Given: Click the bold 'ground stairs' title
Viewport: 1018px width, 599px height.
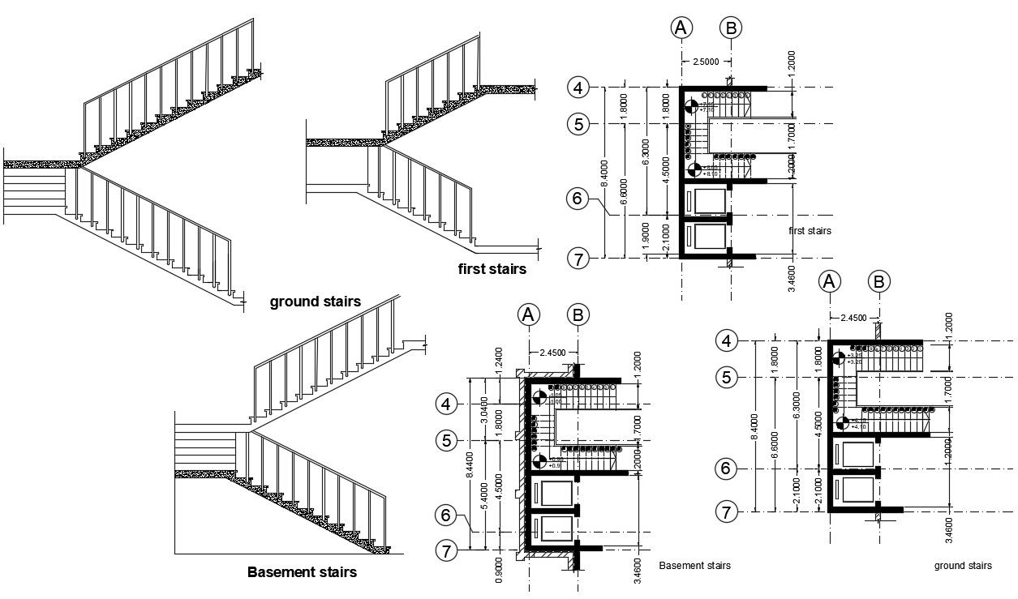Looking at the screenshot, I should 315,302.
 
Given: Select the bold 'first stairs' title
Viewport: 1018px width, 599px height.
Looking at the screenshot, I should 492,269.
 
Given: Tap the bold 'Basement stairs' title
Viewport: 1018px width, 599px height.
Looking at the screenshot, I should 301,572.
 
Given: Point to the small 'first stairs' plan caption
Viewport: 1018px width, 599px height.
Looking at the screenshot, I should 810,231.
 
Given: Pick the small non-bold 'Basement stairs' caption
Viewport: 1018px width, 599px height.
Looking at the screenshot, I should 694,566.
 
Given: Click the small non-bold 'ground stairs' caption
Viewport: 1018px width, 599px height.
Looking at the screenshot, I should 963,566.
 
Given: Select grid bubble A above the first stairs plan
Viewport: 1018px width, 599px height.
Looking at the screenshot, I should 681,28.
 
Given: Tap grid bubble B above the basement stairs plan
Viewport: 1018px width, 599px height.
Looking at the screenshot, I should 578,314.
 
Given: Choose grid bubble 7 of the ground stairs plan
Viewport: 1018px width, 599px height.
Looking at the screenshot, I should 727,511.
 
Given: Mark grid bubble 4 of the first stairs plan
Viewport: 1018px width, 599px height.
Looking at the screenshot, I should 578,87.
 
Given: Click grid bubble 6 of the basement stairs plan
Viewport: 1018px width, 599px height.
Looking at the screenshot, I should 445,514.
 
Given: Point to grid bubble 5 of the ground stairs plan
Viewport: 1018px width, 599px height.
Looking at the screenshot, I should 727,377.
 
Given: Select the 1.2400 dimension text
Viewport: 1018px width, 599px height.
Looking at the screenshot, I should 497,358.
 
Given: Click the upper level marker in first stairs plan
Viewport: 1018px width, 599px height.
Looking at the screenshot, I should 690,105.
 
